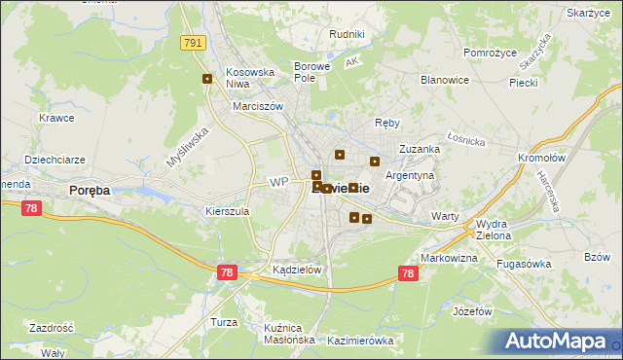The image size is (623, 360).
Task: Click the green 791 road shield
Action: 193,42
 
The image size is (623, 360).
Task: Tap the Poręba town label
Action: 89,191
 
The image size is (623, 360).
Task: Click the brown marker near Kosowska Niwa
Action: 206,79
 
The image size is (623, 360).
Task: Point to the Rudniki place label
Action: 347,34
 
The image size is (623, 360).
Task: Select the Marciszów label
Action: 258,107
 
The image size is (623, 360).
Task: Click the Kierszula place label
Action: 228,210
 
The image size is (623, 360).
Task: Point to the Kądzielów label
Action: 297,270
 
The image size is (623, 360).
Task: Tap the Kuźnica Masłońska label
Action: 289,334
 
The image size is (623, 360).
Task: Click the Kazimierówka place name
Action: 360,341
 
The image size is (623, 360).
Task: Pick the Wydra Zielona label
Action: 499,229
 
